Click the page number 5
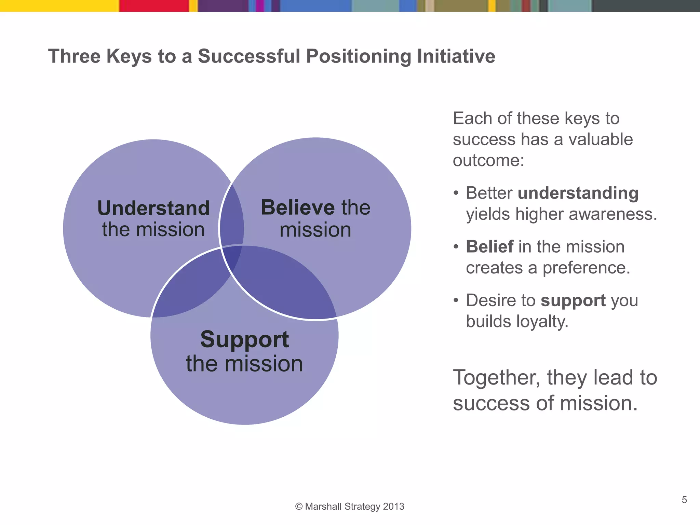pos(684,500)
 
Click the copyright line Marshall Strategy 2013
pos(350,506)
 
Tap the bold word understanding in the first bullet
pos(578,193)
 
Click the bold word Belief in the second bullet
pos(489,246)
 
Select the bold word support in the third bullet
pos(573,300)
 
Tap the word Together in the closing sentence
pos(496,378)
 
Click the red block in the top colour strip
pos(154,5)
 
